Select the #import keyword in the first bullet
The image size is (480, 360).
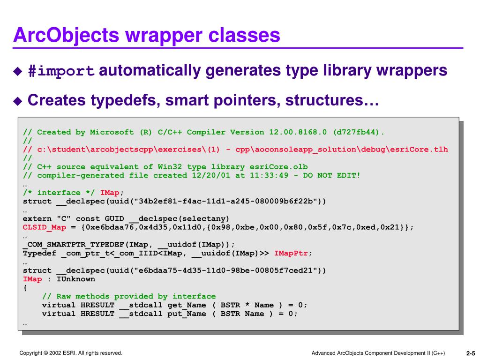click(x=61, y=71)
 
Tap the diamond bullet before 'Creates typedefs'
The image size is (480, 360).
click(x=17, y=101)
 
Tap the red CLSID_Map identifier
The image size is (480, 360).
click(x=45, y=227)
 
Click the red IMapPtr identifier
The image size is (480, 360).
click(x=291, y=253)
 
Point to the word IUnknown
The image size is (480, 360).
click(x=76, y=279)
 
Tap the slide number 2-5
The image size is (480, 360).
click(x=470, y=353)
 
